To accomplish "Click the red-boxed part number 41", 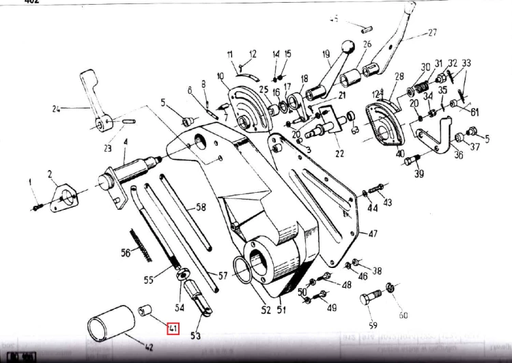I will [173, 329].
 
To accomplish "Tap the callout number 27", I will [431, 32].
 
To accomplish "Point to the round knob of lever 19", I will [349, 47].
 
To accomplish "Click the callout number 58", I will [201, 207].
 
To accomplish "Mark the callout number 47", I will [373, 233].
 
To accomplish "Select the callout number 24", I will [56, 108].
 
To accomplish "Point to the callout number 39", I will [419, 174].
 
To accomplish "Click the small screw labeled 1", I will [36, 203].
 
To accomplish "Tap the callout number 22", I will [339, 154].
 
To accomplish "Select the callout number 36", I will [458, 155].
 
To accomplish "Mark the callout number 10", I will [220, 76].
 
